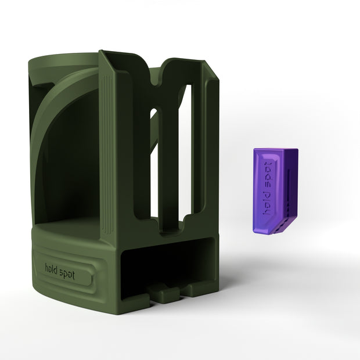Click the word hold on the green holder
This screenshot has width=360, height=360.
pos(52,268)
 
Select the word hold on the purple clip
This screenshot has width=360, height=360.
pos(267,204)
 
